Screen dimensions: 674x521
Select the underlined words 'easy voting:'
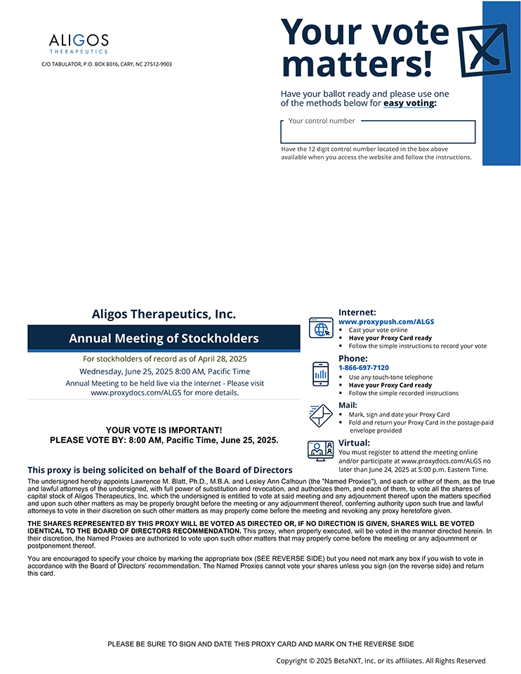click(x=409, y=103)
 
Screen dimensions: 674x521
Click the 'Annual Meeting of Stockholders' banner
click(x=164, y=338)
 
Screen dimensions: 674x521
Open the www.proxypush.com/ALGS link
click(x=386, y=322)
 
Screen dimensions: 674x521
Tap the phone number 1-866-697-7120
click(x=364, y=367)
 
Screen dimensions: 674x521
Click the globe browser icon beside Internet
click(x=321, y=328)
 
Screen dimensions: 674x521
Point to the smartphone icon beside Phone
click(x=320, y=374)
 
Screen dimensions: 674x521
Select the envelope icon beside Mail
click(x=320, y=415)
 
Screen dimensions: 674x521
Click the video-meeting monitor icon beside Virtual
click(x=320, y=449)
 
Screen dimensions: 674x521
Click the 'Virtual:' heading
click(x=354, y=443)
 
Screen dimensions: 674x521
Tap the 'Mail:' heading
click(x=348, y=405)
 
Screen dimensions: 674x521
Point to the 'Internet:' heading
click(x=357, y=312)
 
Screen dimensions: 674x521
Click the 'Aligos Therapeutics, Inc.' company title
click(x=164, y=314)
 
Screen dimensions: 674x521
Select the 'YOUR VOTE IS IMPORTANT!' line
click(x=164, y=430)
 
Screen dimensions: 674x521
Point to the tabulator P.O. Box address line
click(x=107, y=64)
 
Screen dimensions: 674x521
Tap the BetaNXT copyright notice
click(x=381, y=661)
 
